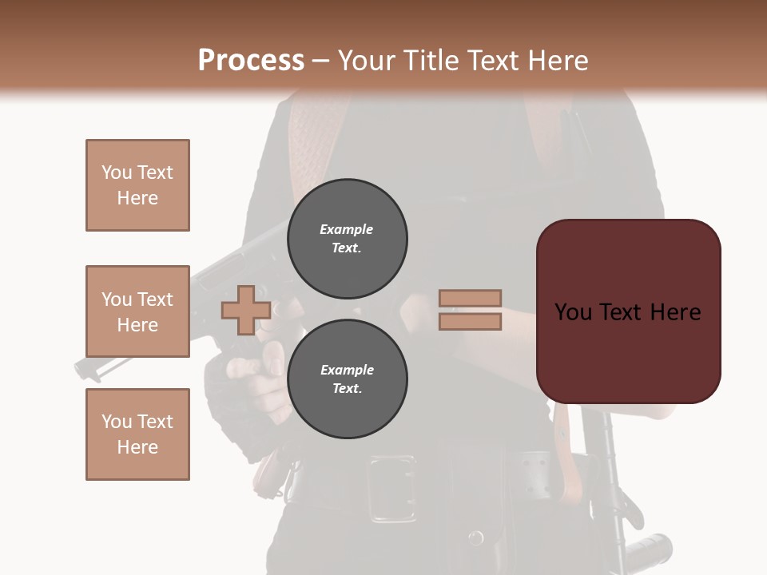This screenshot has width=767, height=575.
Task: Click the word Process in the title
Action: (x=251, y=61)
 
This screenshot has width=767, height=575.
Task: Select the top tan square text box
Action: (x=137, y=185)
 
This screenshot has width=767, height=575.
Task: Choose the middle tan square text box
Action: (x=137, y=311)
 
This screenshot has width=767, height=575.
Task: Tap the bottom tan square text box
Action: (x=137, y=434)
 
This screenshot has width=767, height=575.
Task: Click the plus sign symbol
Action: (x=245, y=311)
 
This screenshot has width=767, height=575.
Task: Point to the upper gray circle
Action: (x=347, y=239)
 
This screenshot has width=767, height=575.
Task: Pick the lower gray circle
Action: (x=347, y=379)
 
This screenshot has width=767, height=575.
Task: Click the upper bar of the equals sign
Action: (x=470, y=298)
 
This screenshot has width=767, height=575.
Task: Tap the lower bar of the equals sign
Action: (x=470, y=322)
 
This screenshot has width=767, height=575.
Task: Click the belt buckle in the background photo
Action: (x=391, y=489)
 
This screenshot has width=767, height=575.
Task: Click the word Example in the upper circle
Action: (x=347, y=229)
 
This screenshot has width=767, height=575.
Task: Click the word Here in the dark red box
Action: (x=675, y=312)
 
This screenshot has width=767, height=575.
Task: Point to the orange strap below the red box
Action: (x=570, y=463)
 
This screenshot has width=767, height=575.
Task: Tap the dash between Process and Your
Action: (x=321, y=61)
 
